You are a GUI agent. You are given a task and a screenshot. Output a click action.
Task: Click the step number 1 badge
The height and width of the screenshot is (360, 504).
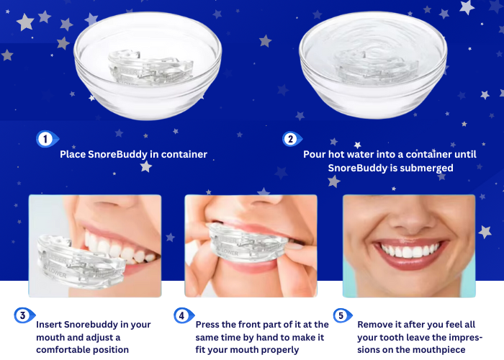[x=47, y=139]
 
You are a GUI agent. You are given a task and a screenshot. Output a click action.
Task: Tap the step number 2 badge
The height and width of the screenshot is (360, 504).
[x=292, y=139]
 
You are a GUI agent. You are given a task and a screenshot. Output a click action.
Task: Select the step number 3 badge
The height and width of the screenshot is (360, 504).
[x=24, y=315]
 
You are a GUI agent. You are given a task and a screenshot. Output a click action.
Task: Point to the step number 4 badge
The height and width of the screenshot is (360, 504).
[x=184, y=315]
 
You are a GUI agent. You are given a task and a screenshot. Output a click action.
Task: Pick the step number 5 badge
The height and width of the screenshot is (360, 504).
[x=342, y=315]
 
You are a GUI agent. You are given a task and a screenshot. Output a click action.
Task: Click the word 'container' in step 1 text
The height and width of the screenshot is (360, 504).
[x=184, y=154]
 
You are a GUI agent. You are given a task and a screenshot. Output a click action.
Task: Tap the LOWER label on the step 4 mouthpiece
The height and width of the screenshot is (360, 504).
[x=229, y=253]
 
